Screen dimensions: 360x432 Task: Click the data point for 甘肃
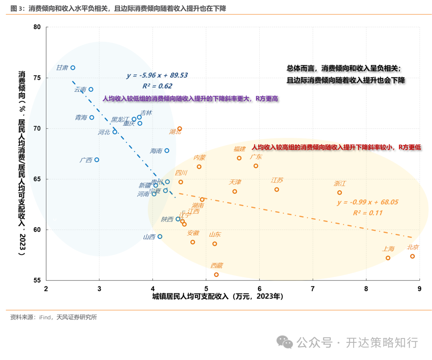(73, 68)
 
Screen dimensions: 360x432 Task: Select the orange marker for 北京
(412, 256)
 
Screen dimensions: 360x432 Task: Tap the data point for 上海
(388, 258)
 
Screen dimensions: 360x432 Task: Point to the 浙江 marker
(340, 192)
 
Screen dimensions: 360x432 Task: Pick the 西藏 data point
(216, 274)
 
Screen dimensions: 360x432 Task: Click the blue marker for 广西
(97, 160)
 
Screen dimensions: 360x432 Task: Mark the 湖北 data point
(180, 129)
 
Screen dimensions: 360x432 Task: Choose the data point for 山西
(160, 236)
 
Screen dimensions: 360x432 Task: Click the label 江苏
(277, 180)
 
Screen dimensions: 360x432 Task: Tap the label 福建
(240, 149)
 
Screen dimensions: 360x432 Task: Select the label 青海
(81, 118)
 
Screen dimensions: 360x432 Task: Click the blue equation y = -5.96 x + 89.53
(157, 75)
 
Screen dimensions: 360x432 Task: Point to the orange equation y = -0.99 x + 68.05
(367, 202)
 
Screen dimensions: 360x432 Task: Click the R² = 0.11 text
(367, 213)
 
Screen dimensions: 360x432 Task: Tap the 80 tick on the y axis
(37, 27)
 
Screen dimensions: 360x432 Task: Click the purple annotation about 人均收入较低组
(190, 98)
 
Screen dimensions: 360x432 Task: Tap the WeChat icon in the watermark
(286, 342)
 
